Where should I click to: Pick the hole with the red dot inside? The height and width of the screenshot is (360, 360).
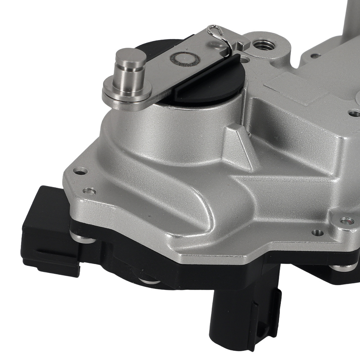coord(346,221)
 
